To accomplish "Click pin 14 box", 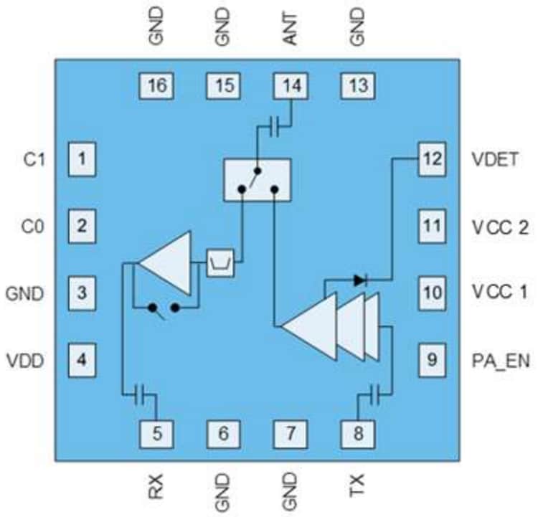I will (x=292, y=86).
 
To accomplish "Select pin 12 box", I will (x=432, y=159).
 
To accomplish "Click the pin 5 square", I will (x=157, y=432).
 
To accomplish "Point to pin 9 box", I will (x=432, y=359).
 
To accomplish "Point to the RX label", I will (x=157, y=488).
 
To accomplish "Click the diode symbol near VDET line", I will (x=360, y=280).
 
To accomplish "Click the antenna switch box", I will (x=258, y=179).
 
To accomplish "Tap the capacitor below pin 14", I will (x=273, y=128).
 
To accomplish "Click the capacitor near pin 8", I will (x=374, y=393).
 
